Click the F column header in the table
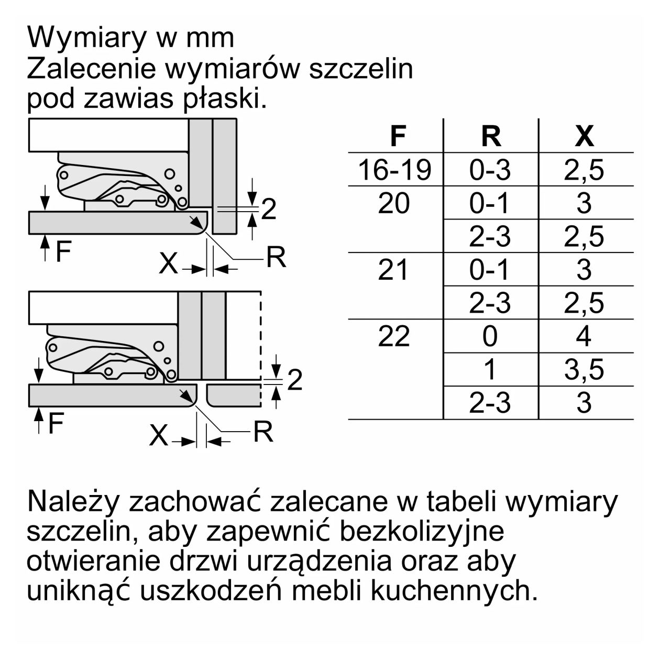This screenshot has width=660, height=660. pos(398,136)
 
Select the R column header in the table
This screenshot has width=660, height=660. pos(491,136)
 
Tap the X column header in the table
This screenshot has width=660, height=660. pos(585,136)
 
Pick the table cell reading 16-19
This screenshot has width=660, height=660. pos(395,170)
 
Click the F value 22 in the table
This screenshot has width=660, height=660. pos(394,336)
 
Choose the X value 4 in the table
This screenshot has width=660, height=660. pos(584,336)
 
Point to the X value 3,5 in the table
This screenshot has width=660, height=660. pos(584,370)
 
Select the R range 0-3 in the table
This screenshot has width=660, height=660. pos(490,170)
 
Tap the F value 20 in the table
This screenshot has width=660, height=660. pos(393,203)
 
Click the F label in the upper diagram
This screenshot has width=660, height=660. pos(63,252)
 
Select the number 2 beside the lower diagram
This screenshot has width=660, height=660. pos(295,380)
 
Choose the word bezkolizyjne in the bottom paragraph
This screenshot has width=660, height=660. pos(422,531)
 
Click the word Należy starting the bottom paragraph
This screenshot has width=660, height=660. pos(74,501)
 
